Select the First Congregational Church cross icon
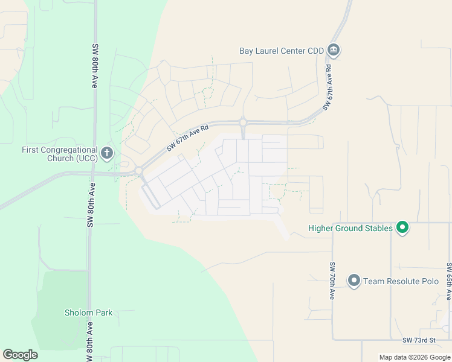point(106,153)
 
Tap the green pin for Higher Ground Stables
point(402,228)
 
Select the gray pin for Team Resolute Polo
point(354,281)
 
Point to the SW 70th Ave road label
point(332,281)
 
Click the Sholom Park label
point(89,313)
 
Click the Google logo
point(20,355)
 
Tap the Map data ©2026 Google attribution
point(415,358)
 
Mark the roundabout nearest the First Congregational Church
point(138,171)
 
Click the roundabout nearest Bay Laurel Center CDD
point(243,122)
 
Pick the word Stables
point(378,228)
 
